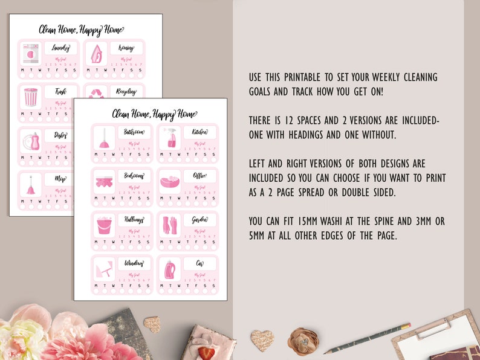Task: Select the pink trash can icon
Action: [x=30, y=97]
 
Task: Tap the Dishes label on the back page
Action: [x=60, y=136]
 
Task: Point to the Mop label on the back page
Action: [x=60, y=179]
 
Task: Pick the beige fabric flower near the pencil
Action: [x=302, y=339]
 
